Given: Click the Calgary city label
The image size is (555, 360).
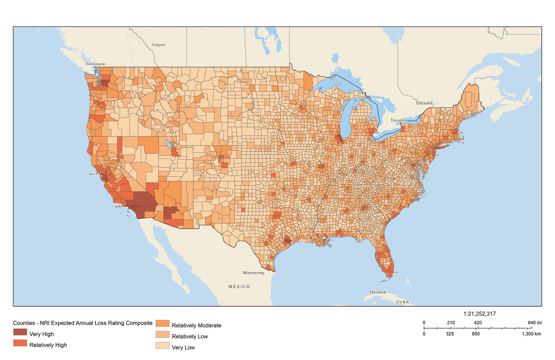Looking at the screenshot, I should (158, 45).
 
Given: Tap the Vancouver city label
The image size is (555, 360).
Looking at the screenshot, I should (96, 64).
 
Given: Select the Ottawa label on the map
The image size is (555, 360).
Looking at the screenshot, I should (424, 103).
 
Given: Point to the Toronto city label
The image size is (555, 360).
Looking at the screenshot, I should (398, 120).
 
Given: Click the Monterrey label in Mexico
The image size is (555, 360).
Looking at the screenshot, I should (254, 273).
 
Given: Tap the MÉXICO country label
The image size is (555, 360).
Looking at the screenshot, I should (239, 287).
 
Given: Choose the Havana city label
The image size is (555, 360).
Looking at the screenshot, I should (378, 292).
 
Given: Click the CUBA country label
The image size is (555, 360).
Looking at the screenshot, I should (402, 302).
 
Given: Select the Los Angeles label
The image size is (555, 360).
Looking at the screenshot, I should (129, 206).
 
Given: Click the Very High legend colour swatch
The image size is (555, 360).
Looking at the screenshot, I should (20, 332).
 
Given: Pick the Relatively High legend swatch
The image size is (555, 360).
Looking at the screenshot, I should (20, 343).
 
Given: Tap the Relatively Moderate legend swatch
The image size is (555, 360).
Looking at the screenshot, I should (162, 323).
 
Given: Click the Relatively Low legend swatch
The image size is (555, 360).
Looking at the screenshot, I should (162, 334).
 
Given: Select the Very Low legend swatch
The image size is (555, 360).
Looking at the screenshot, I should (162, 345).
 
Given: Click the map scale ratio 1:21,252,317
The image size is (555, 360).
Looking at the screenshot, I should (480, 314).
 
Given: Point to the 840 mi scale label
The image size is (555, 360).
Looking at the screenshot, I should (534, 323).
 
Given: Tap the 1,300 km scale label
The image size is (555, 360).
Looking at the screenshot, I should (531, 334).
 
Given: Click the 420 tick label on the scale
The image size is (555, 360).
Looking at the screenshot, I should (478, 323).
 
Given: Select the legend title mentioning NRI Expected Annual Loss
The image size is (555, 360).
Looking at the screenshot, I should (83, 323).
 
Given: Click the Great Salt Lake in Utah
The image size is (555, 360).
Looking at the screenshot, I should (168, 143).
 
